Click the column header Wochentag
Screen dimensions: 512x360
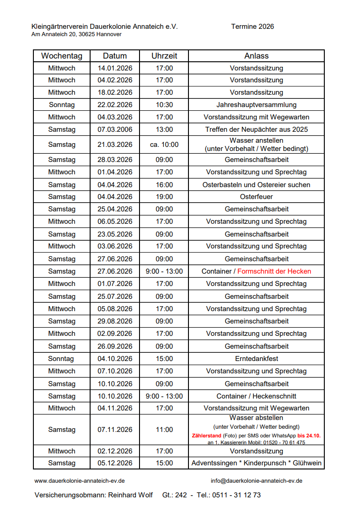tap(62, 56)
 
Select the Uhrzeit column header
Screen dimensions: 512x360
tap(164, 56)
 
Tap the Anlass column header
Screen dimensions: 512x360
tap(256, 56)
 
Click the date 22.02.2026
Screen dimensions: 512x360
tap(115, 105)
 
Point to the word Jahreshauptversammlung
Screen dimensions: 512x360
tap(256, 105)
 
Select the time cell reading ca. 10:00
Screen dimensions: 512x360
tap(164, 145)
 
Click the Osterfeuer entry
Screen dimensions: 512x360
tap(256, 197)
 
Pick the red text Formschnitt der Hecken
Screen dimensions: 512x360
tap(274, 271)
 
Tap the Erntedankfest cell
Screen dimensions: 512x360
tap(256, 359)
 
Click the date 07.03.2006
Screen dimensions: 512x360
tap(115, 129)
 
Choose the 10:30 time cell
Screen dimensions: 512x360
tap(164, 105)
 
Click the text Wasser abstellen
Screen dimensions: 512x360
tap(256, 418)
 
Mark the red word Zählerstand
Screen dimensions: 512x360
tap(207, 436)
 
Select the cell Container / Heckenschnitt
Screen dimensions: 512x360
tap(256, 396)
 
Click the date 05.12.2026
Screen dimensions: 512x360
tap(115, 463)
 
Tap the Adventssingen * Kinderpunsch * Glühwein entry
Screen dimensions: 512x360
tap(256, 463)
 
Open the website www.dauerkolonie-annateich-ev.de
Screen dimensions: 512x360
tap(80, 481)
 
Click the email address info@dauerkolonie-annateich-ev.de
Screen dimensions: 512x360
tap(256, 481)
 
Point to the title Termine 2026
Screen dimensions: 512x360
tap(253, 27)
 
